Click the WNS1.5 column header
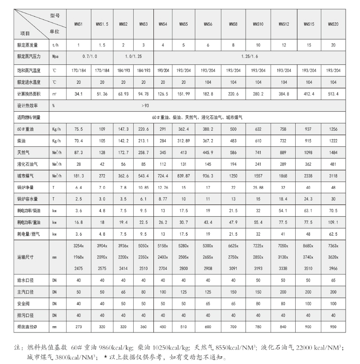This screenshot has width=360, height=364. (102, 24)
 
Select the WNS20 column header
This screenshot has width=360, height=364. (333, 24)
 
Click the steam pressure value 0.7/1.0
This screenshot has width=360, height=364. (90, 57)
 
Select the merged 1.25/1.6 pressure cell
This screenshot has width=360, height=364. (250, 57)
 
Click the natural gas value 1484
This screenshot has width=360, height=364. (333, 153)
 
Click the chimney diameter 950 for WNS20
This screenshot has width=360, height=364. (333, 327)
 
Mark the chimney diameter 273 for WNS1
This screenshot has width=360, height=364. (79, 327)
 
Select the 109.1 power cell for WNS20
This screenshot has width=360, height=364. (333, 222)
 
